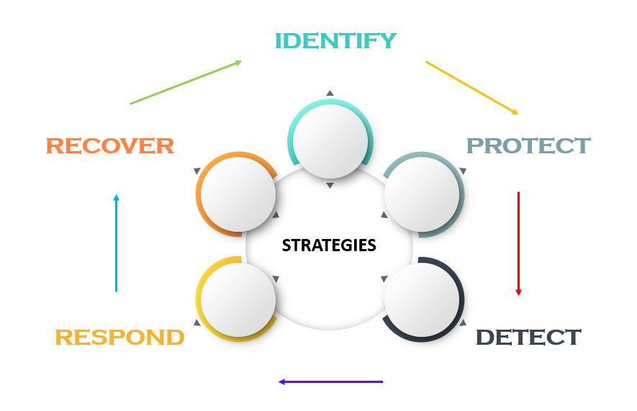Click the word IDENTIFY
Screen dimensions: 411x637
(335, 41)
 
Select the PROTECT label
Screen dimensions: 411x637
(528, 145)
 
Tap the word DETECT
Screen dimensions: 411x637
(528, 337)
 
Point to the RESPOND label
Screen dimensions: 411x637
(119, 337)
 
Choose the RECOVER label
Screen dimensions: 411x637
(110, 146)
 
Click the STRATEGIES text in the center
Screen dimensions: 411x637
(329, 245)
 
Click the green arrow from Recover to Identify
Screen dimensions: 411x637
(186, 82)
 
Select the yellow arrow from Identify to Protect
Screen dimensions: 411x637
(471, 88)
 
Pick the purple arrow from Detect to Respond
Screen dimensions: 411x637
(331, 381)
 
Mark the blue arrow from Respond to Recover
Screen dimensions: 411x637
(116, 243)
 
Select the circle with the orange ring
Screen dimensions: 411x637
(237, 194)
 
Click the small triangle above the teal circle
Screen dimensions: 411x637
(330, 93)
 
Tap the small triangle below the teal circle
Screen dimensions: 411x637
(330, 186)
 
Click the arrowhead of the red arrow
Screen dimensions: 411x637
(518, 292)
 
